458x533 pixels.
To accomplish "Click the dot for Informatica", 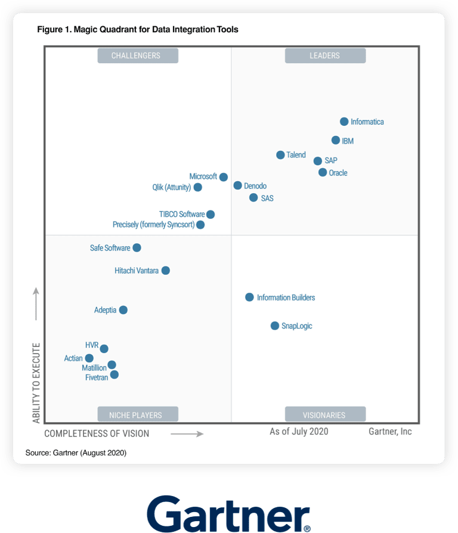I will [344, 122].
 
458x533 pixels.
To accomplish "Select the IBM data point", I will [336, 141].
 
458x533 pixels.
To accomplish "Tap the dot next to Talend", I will [280, 155].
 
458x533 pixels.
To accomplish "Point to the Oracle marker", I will [323, 172].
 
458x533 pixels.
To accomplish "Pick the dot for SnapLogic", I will [275, 326].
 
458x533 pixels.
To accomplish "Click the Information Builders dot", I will [250, 297].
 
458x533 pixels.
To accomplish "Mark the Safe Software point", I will [137, 247].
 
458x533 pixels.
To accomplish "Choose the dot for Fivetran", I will [114, 374].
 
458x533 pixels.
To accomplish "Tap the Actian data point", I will [89, 358].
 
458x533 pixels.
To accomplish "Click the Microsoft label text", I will [203, 176].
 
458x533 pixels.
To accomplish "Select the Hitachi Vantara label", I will [137, 271].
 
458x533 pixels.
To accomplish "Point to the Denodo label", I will [255, 186].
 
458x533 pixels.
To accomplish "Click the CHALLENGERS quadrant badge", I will [136, 55].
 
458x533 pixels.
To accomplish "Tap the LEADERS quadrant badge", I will [325, 55].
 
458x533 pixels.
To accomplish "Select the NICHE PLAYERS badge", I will [136, 415].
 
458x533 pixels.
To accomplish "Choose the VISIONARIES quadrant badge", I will [325, 415].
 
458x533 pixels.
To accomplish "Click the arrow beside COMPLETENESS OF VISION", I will [187, 434].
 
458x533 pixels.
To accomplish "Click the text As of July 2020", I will [299, 431].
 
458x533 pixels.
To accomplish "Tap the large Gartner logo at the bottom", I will [228, 510].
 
